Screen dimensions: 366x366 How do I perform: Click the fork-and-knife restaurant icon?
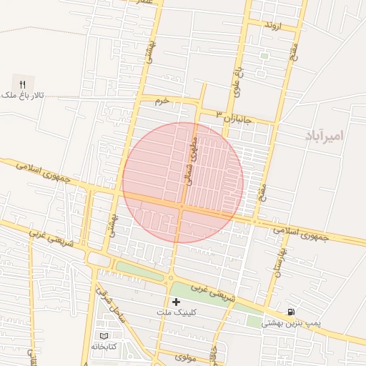(22, 84)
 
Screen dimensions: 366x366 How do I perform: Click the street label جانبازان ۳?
(236, 117)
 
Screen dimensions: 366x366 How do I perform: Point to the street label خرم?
(163, 102)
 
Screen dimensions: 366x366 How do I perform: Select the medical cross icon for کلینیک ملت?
(176, 302)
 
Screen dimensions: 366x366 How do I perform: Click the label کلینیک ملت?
(176, 313)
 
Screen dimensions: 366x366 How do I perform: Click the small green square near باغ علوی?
(264, 56)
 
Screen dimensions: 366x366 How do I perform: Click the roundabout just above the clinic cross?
(171, 278)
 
